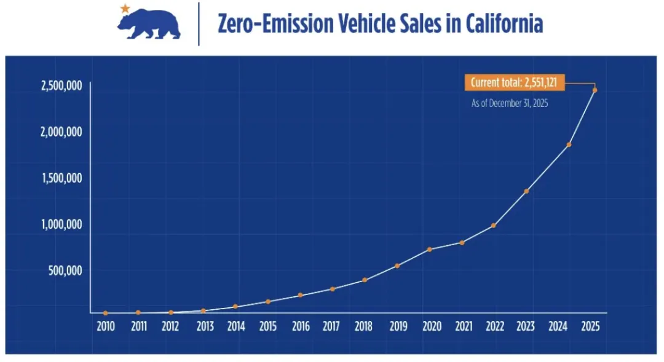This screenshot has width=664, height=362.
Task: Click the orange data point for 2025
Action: (595, 90)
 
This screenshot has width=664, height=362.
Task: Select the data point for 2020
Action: (429, 250)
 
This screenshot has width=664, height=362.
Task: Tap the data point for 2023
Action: (526, 191)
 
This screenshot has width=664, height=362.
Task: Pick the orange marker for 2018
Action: (365, 280)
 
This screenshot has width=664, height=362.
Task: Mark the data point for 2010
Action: (106, 313)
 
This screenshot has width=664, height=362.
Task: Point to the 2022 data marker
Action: (494, 226)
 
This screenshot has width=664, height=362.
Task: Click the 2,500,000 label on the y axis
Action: (62, 85)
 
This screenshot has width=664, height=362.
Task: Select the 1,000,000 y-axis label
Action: (62, 224)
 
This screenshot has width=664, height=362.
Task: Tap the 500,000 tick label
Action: (66, 270)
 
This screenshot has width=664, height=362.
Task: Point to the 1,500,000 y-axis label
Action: (62, 178)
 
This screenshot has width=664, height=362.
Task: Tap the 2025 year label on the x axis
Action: (590, 326)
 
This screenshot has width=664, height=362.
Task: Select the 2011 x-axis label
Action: (138, 326)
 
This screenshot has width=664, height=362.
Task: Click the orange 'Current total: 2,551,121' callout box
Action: (513, 82)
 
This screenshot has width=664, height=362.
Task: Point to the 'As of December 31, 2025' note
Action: (510, 104)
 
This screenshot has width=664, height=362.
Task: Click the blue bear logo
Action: (149, 25)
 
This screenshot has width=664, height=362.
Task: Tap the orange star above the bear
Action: (125, 9)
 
